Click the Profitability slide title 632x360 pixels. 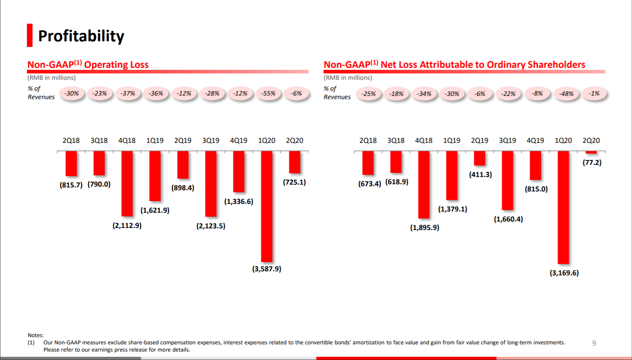[81, 36]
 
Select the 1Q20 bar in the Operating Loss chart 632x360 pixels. [266, 206]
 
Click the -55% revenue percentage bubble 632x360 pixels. [268, 94]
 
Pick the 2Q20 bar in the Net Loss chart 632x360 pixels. [591, 153]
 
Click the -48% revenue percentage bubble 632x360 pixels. [566, 94]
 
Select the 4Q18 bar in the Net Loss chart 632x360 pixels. [424, 185]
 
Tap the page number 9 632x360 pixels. [594, 343]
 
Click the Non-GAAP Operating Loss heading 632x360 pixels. [88, 65]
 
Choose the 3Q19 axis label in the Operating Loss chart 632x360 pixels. [211, 140]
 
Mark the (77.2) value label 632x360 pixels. [592, 163]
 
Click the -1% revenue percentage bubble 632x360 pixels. [594, 94]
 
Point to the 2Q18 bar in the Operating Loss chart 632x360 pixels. [71, 163]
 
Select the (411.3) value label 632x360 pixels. [480, 175]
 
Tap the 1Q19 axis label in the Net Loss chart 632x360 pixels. [451, 140]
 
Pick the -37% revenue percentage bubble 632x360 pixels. [128, 94]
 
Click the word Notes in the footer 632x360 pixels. [35, 335]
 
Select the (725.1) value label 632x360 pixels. [294, 182]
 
